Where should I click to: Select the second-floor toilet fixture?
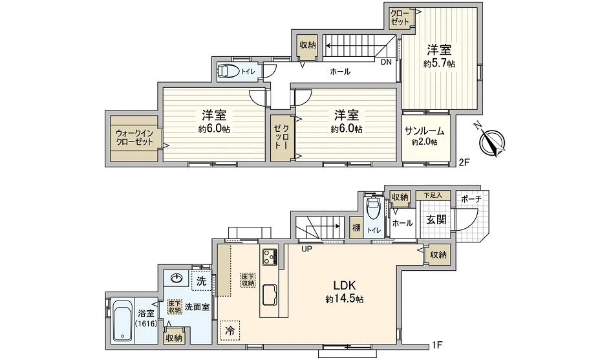click(x=228, y=71)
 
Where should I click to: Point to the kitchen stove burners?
click(x=270, y=257)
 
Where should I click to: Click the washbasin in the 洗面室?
click(x=177, y=279)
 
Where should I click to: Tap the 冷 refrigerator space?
click(x=230, y=330)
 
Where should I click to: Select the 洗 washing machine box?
click(x=201, y=281)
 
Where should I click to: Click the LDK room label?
click(x=345, y=286)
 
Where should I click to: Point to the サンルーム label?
click(x=425, y=131)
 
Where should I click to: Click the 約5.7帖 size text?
click(x=439, y=64)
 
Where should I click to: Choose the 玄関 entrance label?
click(x=436, y=220)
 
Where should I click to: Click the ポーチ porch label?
click(x=471, y=199)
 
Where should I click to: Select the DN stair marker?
click(x=387, y=62)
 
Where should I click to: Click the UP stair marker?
click(x=307, y=249)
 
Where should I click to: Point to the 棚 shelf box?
click(x=356, y=228)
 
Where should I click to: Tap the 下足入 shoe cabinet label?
click(x=433, y=195)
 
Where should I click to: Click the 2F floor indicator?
click(x=464, y=163)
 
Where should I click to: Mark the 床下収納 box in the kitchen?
click(x=248, y=280)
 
